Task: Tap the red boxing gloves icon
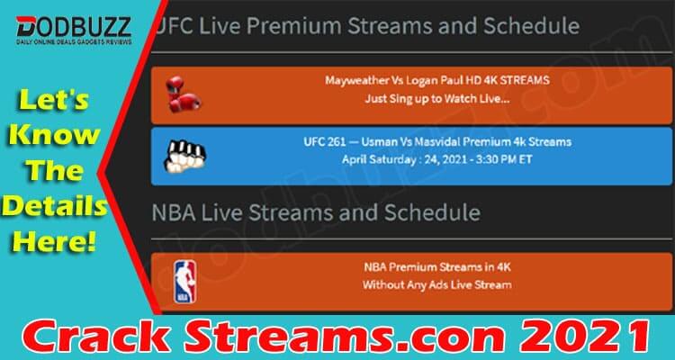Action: pyautogui.click(x=183, y=94)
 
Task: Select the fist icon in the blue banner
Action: pyautogui.click(x=184, y=156)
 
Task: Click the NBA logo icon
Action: pyautogui.click(x=185, y=282)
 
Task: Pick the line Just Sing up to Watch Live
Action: pyautogui.click(x=437, y=99)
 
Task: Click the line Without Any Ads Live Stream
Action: pyautogui.click(x=436, y=284)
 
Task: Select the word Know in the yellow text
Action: pyautogui.click(x=54, y=136)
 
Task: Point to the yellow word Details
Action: pyautogui.click(x=54, y=207)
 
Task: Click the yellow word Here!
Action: pyautogui.click(x=54, y=243)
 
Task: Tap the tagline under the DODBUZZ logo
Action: pyautogui.click(x=74, y=42)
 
